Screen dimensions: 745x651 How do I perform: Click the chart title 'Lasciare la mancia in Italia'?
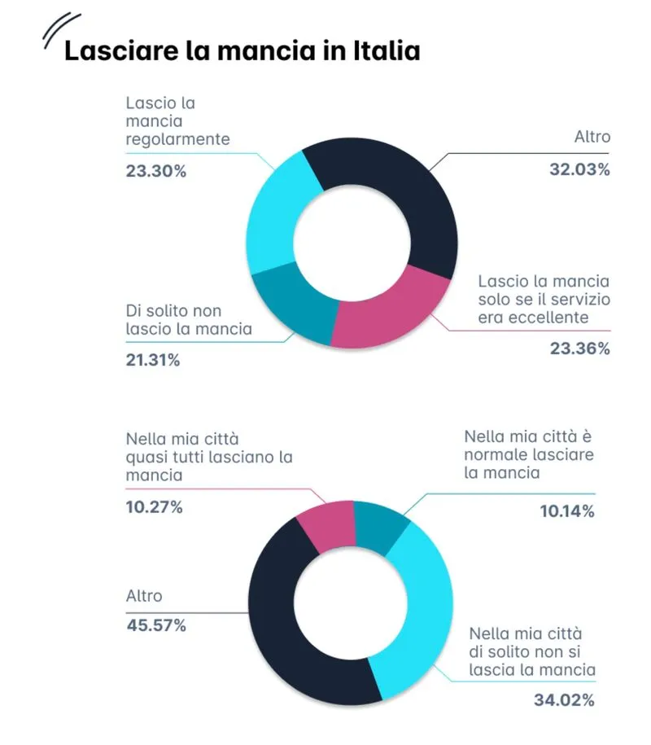(242, 50)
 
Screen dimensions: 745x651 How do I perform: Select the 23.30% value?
(156, 172)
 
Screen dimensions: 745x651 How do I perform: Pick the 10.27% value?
(154, 506)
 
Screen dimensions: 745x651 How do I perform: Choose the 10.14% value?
(567, 511)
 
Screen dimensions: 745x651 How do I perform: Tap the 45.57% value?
(155, 625)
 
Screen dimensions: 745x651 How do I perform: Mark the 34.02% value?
(564, 699)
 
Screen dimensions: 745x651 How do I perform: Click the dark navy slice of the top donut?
(382, 183)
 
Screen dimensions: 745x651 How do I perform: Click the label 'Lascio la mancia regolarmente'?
(177, 121)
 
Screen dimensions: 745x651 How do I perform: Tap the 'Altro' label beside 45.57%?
(144, 596)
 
